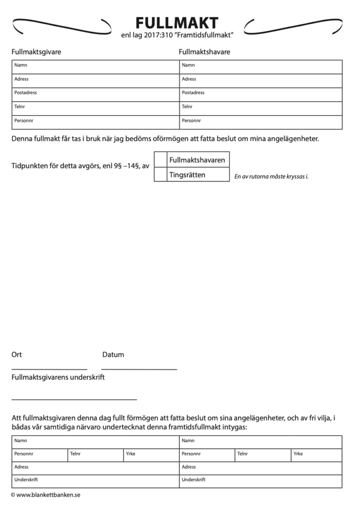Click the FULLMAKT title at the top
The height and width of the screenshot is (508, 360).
(x=177, y=23)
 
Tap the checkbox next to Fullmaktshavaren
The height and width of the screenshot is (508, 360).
(x=160, y=160)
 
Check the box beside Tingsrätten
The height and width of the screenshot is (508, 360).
(x=160, y=175)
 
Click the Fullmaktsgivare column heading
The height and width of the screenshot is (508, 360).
(x=36, y=52)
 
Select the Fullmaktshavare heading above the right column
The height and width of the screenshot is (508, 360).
(x=204, y=52)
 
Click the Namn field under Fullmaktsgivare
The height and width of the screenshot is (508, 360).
(x=95, y=67)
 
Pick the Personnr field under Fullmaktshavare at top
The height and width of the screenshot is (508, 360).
(x=260, y=122)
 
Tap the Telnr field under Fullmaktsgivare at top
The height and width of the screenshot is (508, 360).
(x=95, y=108)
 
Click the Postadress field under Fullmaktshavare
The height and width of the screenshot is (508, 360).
(x=260, y=94)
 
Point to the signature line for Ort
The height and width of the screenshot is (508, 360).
(x=49, y=369)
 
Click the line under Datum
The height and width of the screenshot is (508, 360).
(x=139, y=369)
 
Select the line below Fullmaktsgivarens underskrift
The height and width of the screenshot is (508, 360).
(x=74, y=399)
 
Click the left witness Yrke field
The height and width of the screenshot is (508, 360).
(x=151, y=455)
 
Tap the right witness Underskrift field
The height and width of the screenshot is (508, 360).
(x=260, y=481)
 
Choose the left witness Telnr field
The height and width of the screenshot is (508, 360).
(x=95, y=455)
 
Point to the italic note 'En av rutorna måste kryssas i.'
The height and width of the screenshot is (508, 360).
(x=271, y=177)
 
